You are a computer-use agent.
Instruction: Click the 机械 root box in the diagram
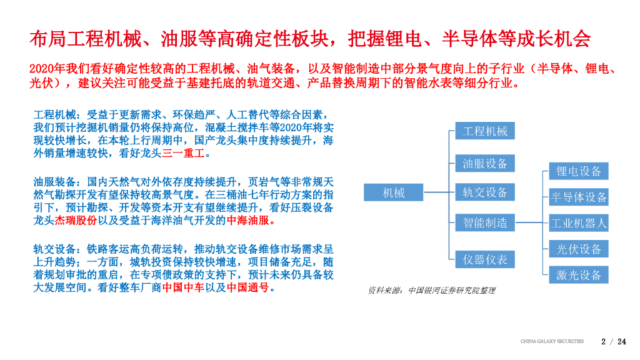(x=394, y=193)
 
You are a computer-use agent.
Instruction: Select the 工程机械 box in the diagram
(x=485, y=131)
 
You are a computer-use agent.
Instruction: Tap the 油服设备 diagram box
(x=485, y=164)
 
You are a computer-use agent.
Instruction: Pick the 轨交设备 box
(x=485, y=192)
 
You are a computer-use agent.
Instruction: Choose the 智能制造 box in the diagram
(x=485, y=222)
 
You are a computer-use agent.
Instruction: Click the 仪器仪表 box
(x=485, y=259)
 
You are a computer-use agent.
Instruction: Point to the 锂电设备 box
(x=579, y=171)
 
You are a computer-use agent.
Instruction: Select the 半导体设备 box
(x=579, y=197)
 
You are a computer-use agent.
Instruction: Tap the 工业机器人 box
(x=579, y=223)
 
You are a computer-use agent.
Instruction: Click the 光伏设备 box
(x=579, y=249)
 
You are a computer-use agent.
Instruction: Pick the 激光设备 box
(x=579, y=275)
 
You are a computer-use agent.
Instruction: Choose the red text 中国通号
(x=247, y=288)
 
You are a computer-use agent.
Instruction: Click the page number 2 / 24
(x=613, y=341)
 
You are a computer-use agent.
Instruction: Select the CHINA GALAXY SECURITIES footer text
(x=552, y=341)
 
